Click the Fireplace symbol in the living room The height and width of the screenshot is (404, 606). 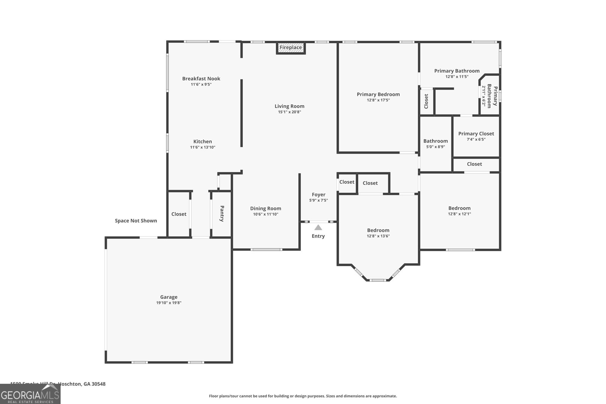tap(291, 48)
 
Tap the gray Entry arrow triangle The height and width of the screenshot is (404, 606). tap(318, 228)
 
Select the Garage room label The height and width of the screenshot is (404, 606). tap(169, 297)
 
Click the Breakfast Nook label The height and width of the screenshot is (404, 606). tap(201, 79)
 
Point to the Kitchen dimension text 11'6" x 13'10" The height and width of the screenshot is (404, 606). tap(203, 147)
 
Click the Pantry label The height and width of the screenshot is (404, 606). tap(222, 214)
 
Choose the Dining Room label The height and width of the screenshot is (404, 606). tap(266, 208)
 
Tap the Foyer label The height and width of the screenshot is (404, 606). tap(319, 195)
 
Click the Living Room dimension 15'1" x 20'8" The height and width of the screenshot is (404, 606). tap(289, 112)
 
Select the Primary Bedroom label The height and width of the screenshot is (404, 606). tap(378, 94)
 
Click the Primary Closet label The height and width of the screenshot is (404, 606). tap(476, 134)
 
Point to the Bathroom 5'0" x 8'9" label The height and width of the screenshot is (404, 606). tap(436, 141)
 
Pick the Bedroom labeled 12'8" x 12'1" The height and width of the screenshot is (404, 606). tap(459, 208)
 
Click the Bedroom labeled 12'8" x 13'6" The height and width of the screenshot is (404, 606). tap(378, 230)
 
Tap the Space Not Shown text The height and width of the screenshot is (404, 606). tap(136, 221)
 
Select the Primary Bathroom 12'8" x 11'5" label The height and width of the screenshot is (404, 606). tap(457, 71)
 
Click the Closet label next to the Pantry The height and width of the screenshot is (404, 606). tap(179, 214)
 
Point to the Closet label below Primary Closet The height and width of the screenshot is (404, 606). tap(474, 164)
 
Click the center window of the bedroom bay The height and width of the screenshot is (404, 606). tap(377, 280)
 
